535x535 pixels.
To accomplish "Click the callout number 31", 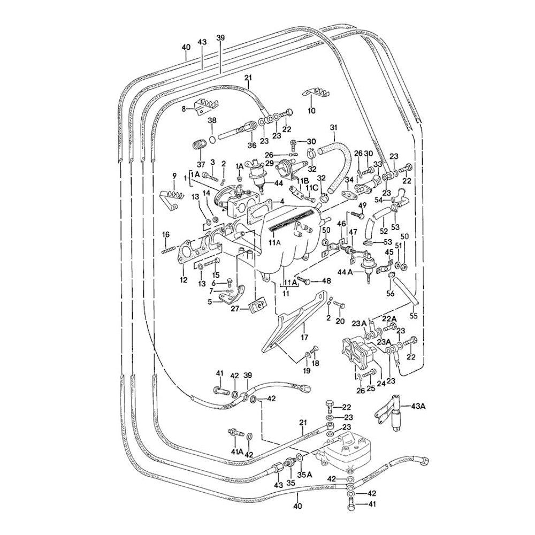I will tap(334, 127).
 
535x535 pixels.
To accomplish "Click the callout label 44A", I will tap(356, 272).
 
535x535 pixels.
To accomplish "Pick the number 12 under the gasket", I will tap(184, 279).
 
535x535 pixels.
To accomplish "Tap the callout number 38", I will tap(212, 121).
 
